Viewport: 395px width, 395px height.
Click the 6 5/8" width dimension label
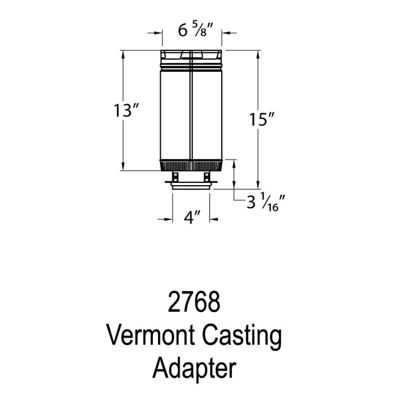pos(196,30)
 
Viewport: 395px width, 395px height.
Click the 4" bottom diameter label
pos(192,217)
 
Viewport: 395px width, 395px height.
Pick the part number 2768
pos(194,302)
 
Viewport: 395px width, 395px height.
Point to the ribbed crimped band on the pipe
pos(191,165)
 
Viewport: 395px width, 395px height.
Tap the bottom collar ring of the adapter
pos(191,187)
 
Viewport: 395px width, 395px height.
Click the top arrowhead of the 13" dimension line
pos(123,54)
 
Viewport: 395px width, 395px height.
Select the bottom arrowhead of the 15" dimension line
pos(258,185)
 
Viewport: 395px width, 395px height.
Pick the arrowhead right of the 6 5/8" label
pos(226,32)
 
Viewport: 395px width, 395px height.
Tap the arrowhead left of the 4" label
pos(169,219)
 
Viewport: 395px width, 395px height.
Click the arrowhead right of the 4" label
pos(214,219)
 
